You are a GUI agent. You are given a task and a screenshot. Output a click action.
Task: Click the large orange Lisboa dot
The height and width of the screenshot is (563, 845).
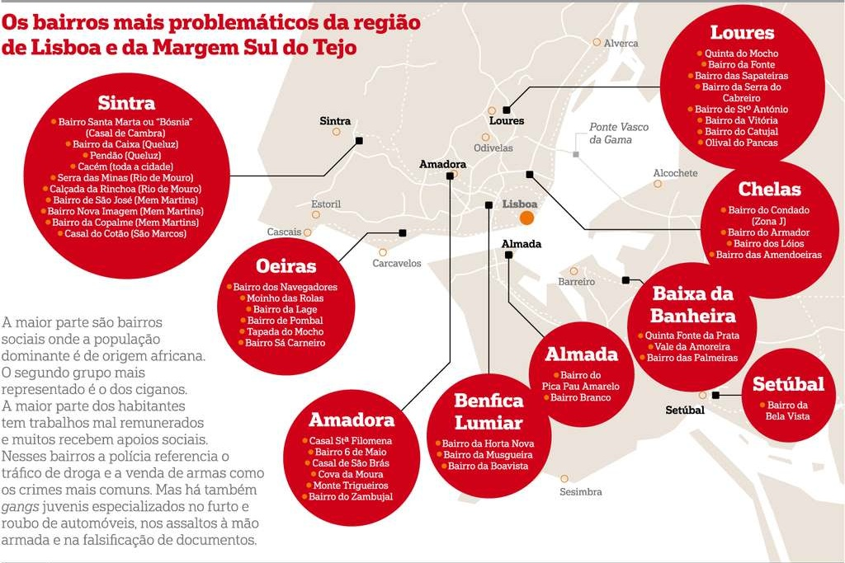click(x=526, y=218)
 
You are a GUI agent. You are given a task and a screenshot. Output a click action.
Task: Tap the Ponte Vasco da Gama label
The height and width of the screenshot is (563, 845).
click(x=619, y=134)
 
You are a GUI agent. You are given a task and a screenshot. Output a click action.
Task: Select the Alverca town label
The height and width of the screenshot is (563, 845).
click(x=621, y=43)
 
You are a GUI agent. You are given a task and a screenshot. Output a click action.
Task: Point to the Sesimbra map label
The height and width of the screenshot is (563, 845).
click(x=581, y=492)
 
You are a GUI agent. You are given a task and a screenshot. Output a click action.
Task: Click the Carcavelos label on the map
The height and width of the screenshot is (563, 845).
click(x=396, y=264)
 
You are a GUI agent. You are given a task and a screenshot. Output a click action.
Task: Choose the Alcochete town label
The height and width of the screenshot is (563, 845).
click(x=675, y=173)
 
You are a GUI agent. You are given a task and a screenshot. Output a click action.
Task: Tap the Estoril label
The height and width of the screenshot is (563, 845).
click(x=326, y=204)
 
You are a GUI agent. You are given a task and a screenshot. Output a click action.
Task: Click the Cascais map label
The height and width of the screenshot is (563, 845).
click(x=284, y=232)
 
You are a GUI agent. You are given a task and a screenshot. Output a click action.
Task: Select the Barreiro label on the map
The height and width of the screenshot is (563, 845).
click(x=576, y=282)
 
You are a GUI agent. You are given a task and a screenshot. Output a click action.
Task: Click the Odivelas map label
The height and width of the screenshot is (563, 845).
click(x=493, y=148)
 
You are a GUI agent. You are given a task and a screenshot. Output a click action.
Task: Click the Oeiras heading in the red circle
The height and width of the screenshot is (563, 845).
click(x=286, y=266)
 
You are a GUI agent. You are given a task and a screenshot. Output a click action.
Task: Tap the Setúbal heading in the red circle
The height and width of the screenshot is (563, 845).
click(x=788, y=384)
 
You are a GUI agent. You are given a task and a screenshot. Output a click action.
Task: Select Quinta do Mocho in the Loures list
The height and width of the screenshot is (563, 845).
click(x=741, y=54)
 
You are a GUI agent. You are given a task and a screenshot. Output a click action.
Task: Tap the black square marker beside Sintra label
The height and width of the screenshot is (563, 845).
click(x=359, y=141)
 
